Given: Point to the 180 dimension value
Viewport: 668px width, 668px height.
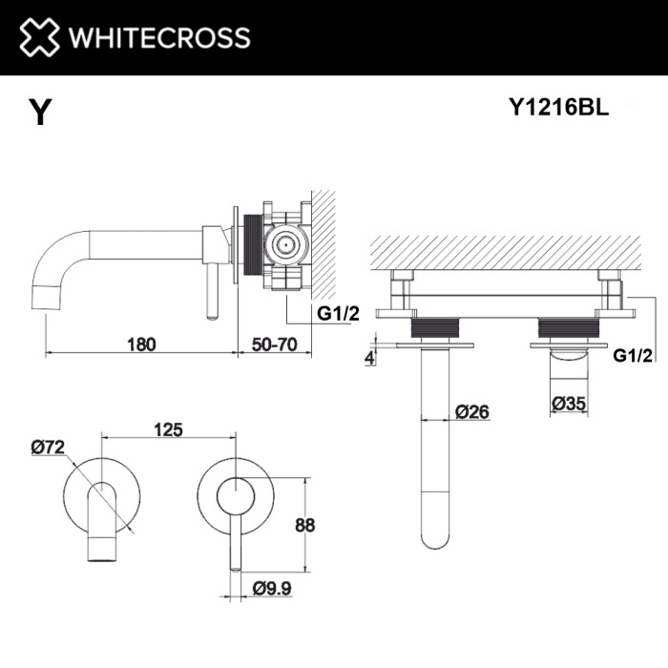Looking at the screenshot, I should coord(139,344).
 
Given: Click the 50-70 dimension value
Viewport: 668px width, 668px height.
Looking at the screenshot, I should coord(275,344).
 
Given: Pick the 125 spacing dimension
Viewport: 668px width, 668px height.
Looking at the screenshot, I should coord(168,430).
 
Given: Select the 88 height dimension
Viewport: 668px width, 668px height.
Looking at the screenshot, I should coord(305,524).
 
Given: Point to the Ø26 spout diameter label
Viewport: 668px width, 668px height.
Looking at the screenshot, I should coord(472,412).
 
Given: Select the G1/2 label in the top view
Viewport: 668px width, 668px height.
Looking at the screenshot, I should coord(633,356).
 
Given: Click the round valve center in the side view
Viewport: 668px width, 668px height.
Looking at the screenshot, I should coord(282,244).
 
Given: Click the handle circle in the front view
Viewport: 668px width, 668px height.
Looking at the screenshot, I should coord(234,498).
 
